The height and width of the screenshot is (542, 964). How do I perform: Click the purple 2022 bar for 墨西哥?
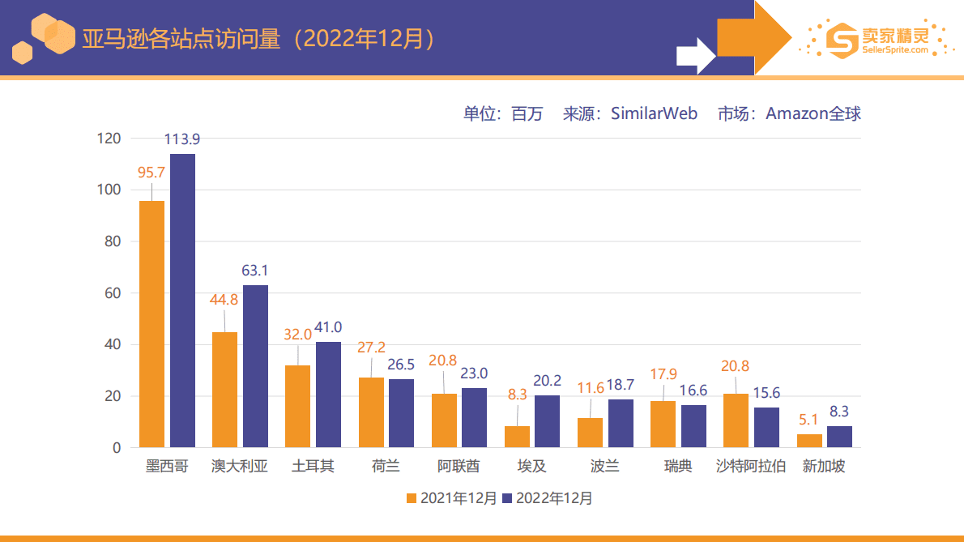[x=182, y=300]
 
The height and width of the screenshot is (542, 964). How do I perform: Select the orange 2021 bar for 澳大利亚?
[x=224, y=390]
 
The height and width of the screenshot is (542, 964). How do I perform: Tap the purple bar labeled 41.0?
[x=328, y=395]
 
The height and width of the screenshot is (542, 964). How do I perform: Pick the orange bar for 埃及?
[x=517, y=437]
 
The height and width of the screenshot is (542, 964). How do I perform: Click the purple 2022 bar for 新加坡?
[x=839, y=437]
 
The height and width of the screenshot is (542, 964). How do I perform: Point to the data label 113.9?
[x=182, y=139]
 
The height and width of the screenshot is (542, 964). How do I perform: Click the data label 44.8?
[x=224, y=300]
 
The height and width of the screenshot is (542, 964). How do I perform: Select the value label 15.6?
[x=766, y=393]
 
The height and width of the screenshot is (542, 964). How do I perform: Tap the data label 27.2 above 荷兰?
[x=372, y=348]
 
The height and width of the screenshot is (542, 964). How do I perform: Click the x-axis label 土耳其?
[x=313, y=467]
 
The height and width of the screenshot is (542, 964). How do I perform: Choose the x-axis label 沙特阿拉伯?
[x=751, y=467]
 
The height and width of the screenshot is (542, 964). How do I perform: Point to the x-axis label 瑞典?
[x=678, y=467]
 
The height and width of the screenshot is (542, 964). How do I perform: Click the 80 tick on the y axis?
[x=112, y=241]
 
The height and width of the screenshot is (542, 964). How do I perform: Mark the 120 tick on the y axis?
[x=109, y=139]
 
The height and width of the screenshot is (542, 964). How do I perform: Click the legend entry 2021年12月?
[x=451, y=498]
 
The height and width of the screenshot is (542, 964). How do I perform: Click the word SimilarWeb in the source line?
[x=654, y=113]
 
